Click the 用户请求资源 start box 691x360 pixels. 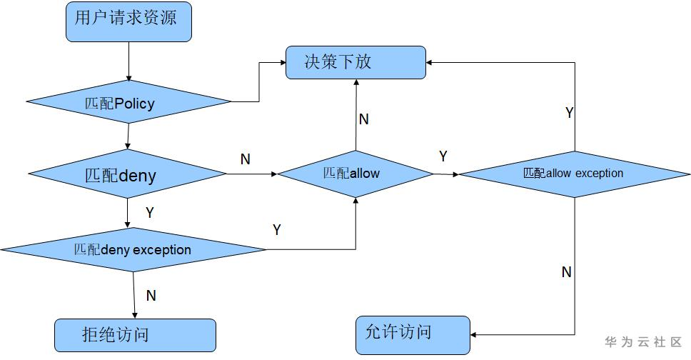[129, 22]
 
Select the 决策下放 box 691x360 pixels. [355, 62]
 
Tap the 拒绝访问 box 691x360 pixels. [135, 335]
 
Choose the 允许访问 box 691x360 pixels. [413, 334]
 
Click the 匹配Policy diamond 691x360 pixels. [128, 103]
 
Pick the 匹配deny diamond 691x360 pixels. [127, 175]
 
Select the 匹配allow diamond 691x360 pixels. [355, 174]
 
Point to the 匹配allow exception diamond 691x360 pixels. [575, 174]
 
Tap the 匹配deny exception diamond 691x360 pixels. [133, 250]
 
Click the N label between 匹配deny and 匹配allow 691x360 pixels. [246, 159]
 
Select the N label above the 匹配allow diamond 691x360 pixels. [363, 119]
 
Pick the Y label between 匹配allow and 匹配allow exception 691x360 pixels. [443, 156]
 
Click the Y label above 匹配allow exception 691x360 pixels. [570, 113]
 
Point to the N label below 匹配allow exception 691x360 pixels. [567, 272]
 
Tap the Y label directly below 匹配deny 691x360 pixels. [150, 212]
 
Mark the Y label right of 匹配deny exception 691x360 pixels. [277, 230]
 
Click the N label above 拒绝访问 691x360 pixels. [151, 295]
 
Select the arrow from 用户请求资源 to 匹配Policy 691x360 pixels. [128, 61]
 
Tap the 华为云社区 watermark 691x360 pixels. [643, 342]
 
